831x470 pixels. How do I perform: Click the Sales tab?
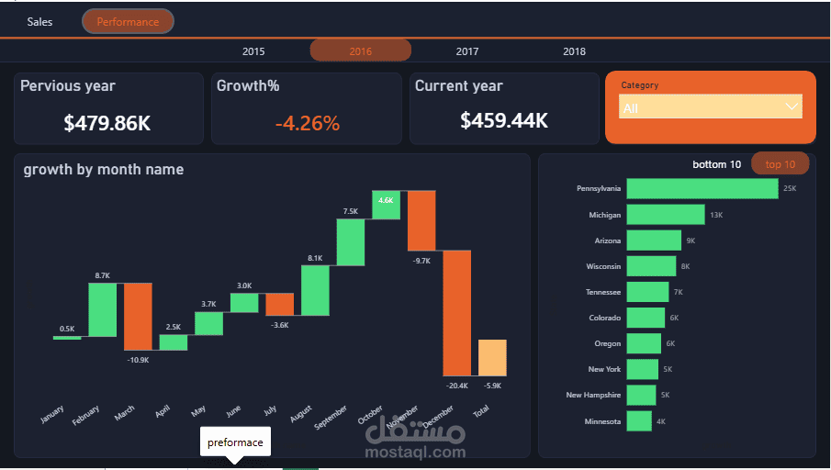pos(39,22)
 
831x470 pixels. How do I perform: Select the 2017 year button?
pos(466,51)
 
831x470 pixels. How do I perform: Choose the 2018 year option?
pos(574,51)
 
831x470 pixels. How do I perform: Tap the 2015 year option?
pos(253,51)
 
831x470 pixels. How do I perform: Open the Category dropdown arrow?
pos(792,106)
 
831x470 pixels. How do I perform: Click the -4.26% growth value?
pos(308,123)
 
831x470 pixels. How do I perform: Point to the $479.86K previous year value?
pos(107,123)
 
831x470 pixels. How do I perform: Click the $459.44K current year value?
pos(504,120)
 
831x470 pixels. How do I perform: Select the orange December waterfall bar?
pos(457,313)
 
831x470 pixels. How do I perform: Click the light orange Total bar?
pos(492,358)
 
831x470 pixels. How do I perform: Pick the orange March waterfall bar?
pos(138,317)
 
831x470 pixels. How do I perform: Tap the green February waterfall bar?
pos(102,309)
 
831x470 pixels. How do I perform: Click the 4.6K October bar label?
pos(386,200)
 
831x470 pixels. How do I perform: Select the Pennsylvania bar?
pos(702,188)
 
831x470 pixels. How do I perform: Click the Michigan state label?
pos(605,215)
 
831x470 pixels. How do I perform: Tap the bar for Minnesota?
pos(639,421)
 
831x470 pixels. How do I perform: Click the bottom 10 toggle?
pos(716,164)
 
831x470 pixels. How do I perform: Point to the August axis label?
pos(300,414)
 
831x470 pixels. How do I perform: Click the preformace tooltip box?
pos(235,442)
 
